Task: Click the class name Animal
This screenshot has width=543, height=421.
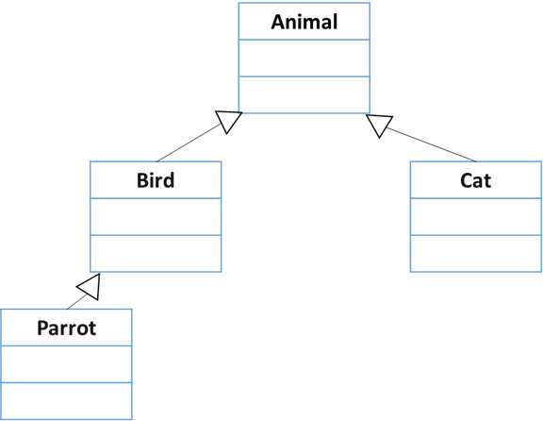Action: pyautogui.click(x=304, y=22)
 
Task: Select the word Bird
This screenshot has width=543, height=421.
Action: pyautogui.click(x=156, y=180)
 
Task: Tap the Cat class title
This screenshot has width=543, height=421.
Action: pyautogui.click(x=475, y=180)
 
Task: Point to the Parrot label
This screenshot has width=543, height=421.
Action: pyautogui.click(x=67, y=328)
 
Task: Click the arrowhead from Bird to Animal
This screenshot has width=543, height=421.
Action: pyautogui.click(x=228, y=120)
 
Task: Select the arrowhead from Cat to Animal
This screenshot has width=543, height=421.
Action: pyautogui.click(x=380, y=126)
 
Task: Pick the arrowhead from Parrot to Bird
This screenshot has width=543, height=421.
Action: pyautogui.click(x=91, y=288)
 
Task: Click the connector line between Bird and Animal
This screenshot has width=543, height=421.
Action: pyautogui.click(x=189, y=143)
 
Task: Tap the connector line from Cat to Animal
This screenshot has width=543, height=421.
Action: pyautogui.click(x=432, y=144)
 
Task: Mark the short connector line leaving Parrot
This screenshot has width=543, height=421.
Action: pyautogui.click(x=77, y=302)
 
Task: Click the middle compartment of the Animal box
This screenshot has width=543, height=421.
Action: pyautogui.click(x=304, y=58)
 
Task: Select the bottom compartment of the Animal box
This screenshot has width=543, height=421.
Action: pyautogui.click(x=304, y=94)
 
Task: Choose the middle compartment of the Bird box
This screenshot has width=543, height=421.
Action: pyautogui.click(x=156, y=217)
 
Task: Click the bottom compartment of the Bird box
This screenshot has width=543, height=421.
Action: pyautogui.click(x=156, y=254)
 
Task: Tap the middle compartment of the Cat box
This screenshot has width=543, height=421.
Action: pyautogui.click(x=475, y=217)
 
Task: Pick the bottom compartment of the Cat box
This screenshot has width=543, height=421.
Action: pyautogui.click(x=475, y=254)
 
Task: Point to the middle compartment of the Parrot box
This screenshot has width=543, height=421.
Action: pyautogui.click(x=67, y=364)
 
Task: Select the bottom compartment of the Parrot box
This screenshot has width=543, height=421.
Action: pyautogui.click(x=67, y=401)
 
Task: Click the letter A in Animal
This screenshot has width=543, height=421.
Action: pyautogui.click(x=278, y=23)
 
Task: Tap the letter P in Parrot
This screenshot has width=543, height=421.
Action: pyautogui.click(x=42, y=328)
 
